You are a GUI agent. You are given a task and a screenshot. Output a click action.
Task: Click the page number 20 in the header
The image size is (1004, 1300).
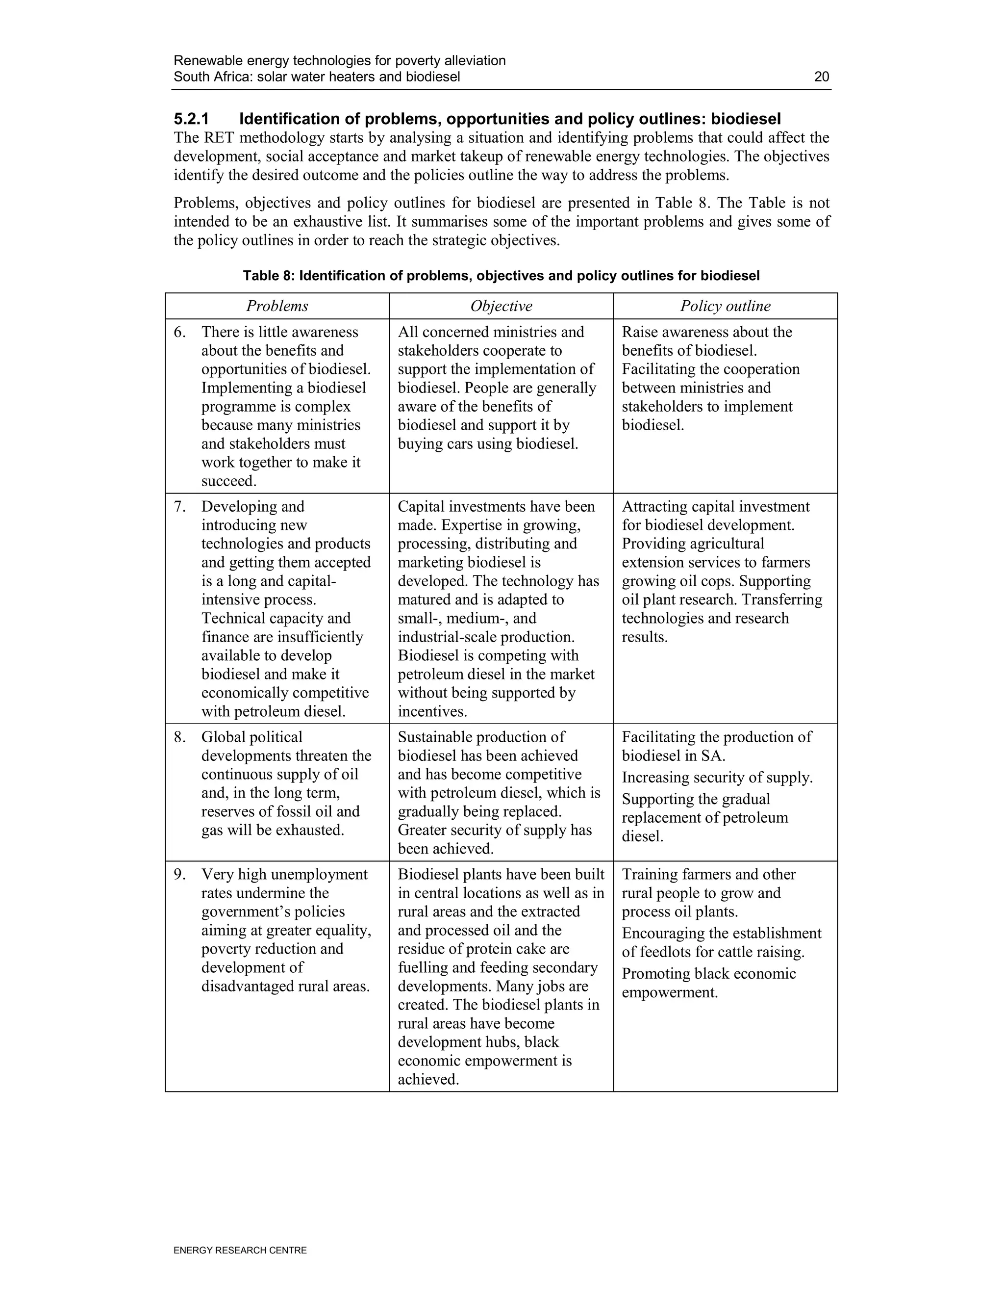[x=822, y=77]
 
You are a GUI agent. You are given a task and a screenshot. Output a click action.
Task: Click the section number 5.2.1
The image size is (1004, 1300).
[x=192, y=119]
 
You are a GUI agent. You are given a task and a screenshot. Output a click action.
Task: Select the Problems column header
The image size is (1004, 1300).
[x=277, y=306]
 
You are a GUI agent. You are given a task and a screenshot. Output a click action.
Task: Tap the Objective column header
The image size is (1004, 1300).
[x=501, y=306]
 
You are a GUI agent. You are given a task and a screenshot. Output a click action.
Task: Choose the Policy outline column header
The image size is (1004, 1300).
[x=725, y=306]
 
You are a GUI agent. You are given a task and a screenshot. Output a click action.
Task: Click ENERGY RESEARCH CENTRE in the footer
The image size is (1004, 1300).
[x=240, y=1250]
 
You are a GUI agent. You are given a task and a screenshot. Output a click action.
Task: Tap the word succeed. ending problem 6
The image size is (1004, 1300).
[x=229, y=481]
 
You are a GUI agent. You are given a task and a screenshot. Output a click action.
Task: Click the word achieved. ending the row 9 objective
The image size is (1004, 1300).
[x=428, y=1079]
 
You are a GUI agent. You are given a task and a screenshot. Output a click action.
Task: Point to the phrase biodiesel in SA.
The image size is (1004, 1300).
[x=673, y=756]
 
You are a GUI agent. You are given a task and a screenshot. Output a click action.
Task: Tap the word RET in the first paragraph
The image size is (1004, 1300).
[x=220, y=138]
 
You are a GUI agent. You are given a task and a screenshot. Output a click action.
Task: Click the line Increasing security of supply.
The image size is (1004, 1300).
[x=717, y=778]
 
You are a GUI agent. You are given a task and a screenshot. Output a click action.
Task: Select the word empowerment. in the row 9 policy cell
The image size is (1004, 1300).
[x=670, y=992]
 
